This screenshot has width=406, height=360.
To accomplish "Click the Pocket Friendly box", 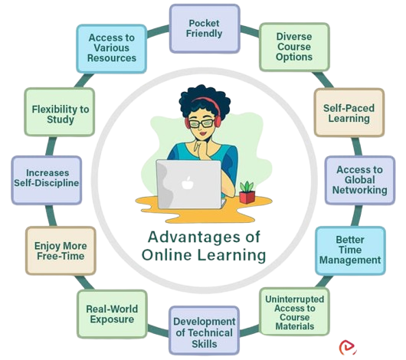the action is [x=205, y=29].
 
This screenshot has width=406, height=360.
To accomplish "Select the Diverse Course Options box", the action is [x=294, y=47].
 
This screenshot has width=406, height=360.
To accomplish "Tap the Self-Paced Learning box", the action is [x=349, y=113].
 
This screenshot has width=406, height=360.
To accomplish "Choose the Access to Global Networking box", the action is [x=360, y=180].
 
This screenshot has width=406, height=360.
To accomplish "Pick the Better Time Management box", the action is [x=350, y=250].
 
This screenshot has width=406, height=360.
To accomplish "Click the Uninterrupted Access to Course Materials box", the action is [x=295, y=312].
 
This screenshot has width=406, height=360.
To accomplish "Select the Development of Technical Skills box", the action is [x=204, y=330].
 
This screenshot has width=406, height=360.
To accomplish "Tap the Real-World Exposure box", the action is [x=112, y=314].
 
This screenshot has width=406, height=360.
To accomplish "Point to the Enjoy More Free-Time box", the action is [x=61, y=250].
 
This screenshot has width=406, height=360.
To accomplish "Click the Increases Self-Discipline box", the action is [x=47, y=180].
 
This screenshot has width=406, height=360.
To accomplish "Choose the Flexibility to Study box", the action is [x=60, y=112].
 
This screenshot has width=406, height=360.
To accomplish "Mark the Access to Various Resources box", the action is [x=112, y=49].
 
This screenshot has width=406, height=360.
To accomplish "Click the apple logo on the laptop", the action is [x=188, y=183].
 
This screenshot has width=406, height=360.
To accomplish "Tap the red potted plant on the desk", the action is [x=247, y=192].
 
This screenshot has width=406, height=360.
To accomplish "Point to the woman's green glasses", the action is [x=201, y=123].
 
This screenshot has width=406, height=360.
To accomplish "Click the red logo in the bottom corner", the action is [x=348, y=348].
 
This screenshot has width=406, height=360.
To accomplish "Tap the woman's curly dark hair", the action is [x=204, y=100].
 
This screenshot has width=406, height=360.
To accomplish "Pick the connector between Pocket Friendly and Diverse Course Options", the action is [x=250, y=31].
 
